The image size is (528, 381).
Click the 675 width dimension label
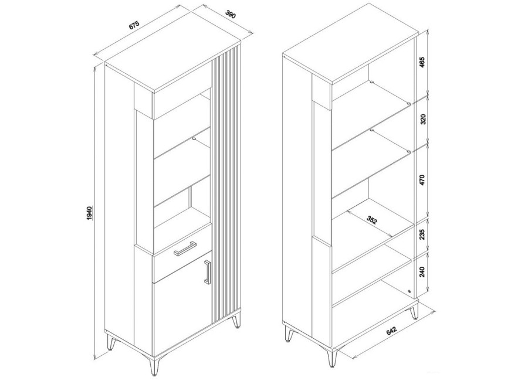pyautogui.click(x=134, y=26)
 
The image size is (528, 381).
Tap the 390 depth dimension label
pyautogui.click(x=231, y=15)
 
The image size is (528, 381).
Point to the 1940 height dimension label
pyautogui.click(x=89, y=213)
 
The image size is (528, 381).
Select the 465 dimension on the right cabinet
pyautogui.click(x=423, y=63)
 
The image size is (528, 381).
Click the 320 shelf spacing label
pyautogui.click(x=423, y=119)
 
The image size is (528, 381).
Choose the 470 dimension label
pyautogui.click(x=423, y=179)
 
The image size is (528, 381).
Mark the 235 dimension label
pyautogui.click(x=422, y=234)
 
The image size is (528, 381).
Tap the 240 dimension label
pyautogui.click(x=422, y=271)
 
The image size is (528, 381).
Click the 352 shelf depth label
pyautogui.click(x=371, y=220)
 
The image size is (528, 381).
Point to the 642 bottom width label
pyautogui.click(x=391, y=331)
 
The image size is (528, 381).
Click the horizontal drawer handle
pyautogui.click(x=185, y=249)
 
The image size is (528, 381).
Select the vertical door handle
pyautogui.click(x=207, y=272)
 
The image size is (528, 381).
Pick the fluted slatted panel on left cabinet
pyautogui.click(x=226, y=185)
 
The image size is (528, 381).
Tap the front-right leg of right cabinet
pyautogui.click(x=332, y=358)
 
